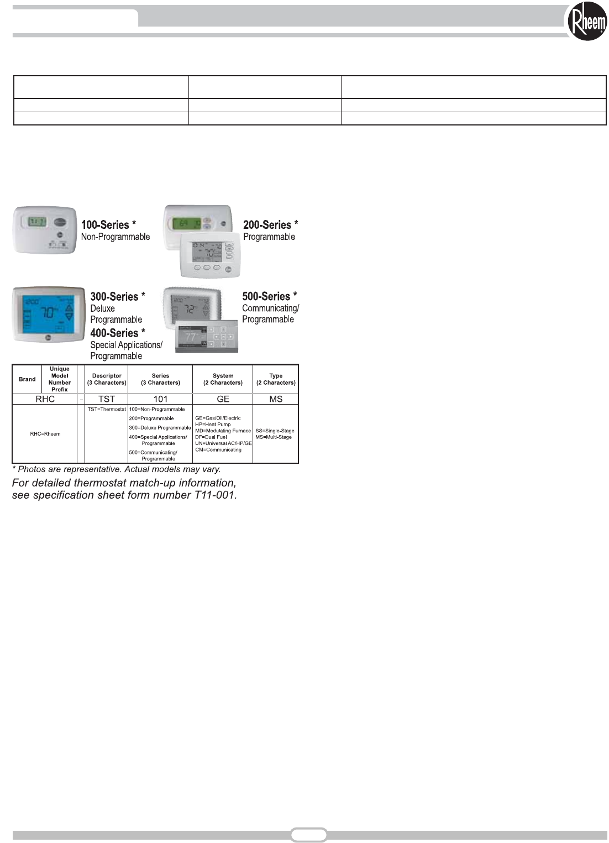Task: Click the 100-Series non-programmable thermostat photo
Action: coord(45,230)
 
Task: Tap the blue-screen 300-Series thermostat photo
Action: coord(49,314)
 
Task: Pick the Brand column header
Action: coord(27,379)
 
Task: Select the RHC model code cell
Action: coord(45,399)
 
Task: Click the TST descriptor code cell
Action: coord(107,399)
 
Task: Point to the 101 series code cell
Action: coord(160,399)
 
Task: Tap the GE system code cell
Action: coord(223,399)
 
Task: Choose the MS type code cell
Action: coord(276,399)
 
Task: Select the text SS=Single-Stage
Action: coord(275,431)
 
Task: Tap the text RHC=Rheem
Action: coord(45,434)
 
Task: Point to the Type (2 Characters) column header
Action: coord(276,379)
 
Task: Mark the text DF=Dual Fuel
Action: coord(211,437)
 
